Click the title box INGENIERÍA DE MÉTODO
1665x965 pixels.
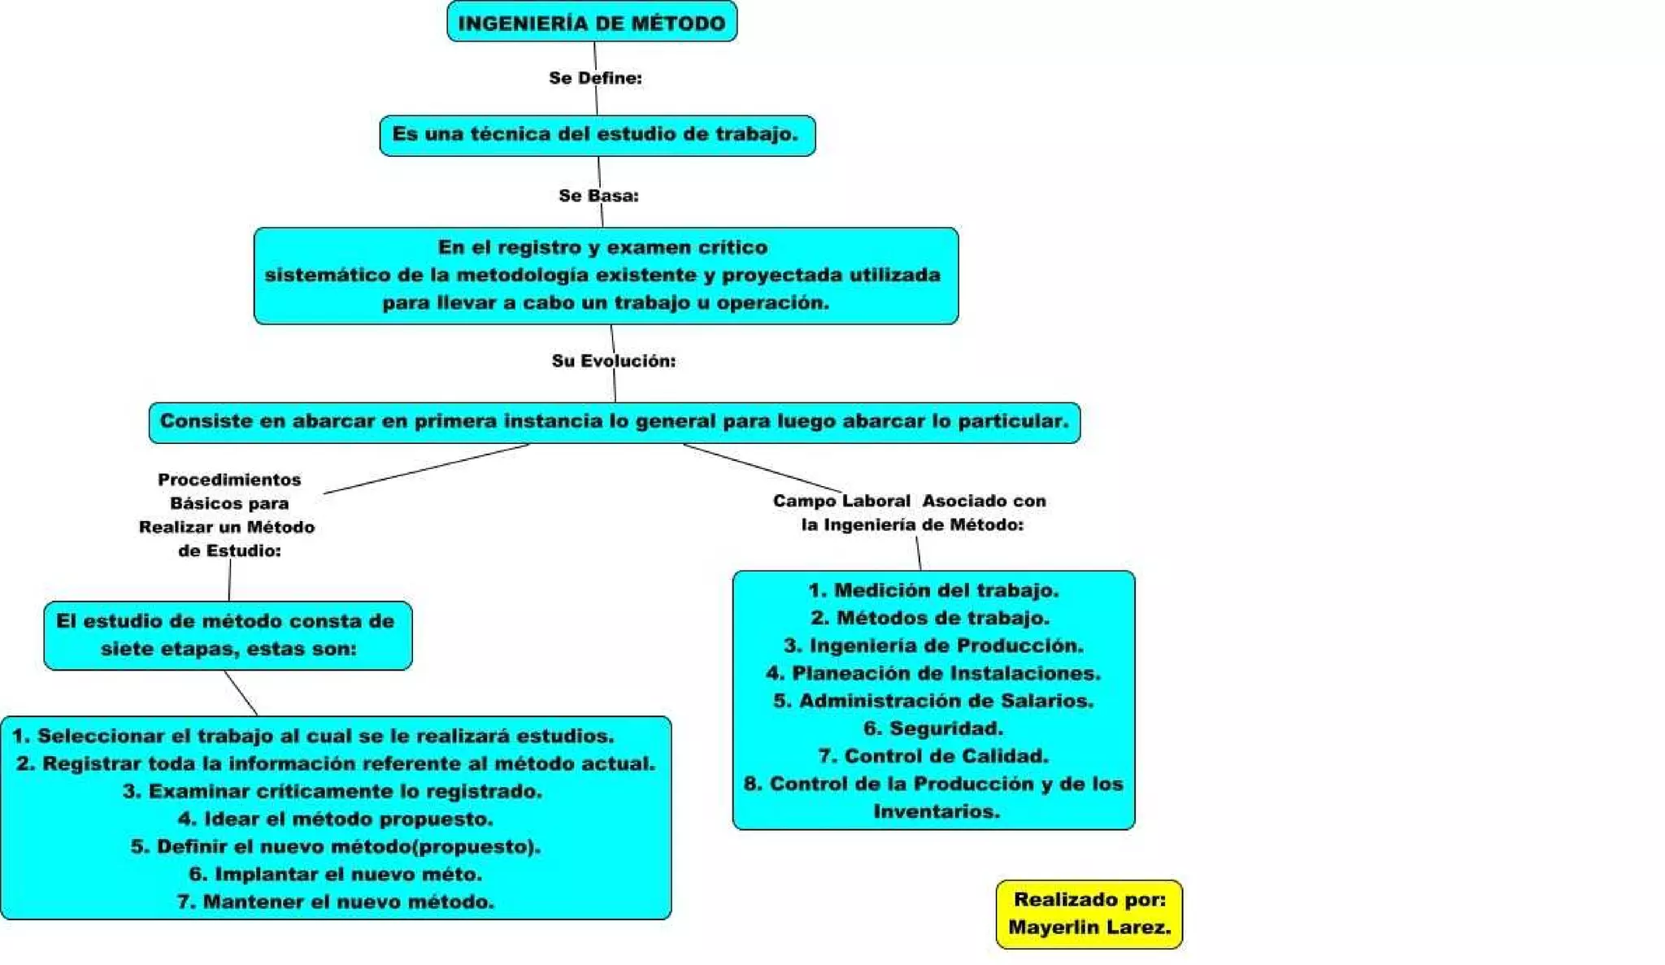click(592, 22)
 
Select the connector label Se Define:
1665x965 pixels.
click(595, 78)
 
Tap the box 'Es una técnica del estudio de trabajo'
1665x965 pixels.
click(597, 135)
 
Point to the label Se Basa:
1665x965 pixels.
click(598, 196)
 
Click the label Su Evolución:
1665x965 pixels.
click(613, 361)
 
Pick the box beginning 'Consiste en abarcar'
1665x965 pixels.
click(614, 422)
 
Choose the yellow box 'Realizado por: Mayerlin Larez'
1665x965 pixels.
click(1089, 914)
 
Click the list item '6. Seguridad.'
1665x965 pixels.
click(933, 728)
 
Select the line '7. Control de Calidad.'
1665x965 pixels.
click(933, 756)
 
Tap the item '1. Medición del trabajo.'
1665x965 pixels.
click(933, 590)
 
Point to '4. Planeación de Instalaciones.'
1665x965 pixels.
click(933, 673)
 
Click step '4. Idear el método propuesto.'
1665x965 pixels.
click(335, 819)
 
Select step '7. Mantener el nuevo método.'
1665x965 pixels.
click(335, 902)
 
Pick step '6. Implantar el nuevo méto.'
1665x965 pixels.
click(335, 874)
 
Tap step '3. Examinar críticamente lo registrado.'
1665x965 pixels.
click(333, 791)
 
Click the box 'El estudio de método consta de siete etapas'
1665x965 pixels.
click(228, 635)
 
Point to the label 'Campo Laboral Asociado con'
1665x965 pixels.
click(909, 502)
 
